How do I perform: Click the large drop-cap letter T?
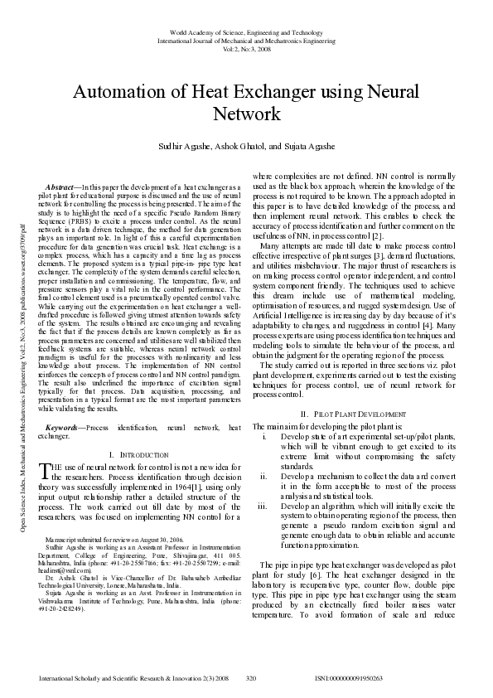coord(46,470)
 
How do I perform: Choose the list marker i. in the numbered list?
coord(263,434)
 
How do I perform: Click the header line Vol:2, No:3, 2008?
coord(246,48)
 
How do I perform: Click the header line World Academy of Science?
coord(246,31)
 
